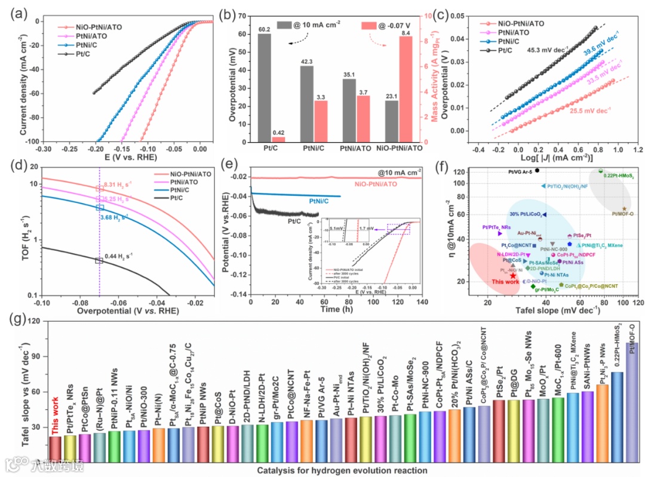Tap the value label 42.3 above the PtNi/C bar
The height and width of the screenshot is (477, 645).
[306, 61]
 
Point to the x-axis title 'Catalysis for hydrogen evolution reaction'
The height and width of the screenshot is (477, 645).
[342, 470]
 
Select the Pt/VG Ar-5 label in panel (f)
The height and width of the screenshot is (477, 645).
[517, 171]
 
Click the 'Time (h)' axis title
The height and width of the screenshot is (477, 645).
[336, 310]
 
